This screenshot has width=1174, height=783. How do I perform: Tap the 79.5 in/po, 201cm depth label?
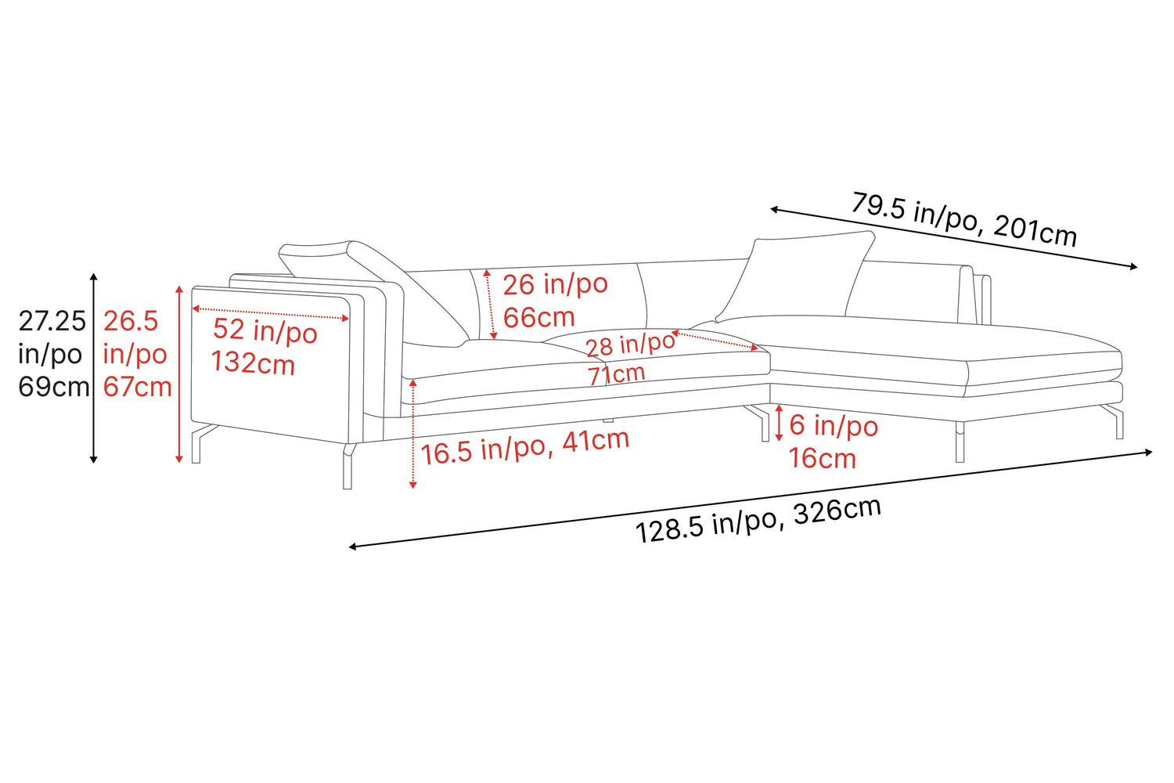963,219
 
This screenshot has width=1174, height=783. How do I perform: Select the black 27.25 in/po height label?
52,353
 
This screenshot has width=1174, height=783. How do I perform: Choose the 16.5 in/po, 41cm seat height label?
524,446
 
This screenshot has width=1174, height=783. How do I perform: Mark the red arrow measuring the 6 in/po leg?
779,422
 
